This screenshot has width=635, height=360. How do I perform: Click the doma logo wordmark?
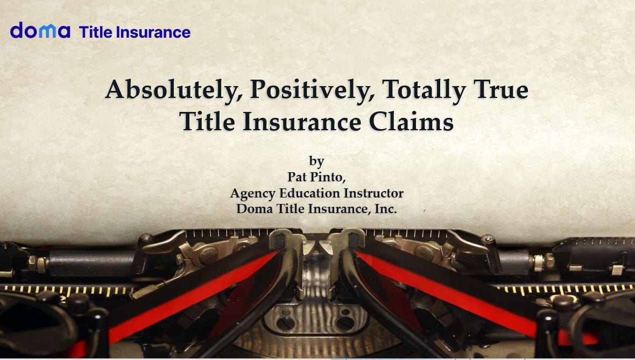(x=40, y=30)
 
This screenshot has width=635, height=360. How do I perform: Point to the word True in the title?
(x=501, y=89)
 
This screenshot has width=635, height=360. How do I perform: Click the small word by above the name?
(x=316, y=161)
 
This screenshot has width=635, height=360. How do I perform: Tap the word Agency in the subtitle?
(x=253, y=194)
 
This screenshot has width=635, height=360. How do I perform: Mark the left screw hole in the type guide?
(x=286, y=323)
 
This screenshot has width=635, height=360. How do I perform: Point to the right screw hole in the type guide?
(x=345, y=323)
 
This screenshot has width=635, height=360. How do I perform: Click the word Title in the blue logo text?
(x=96, y=32)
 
